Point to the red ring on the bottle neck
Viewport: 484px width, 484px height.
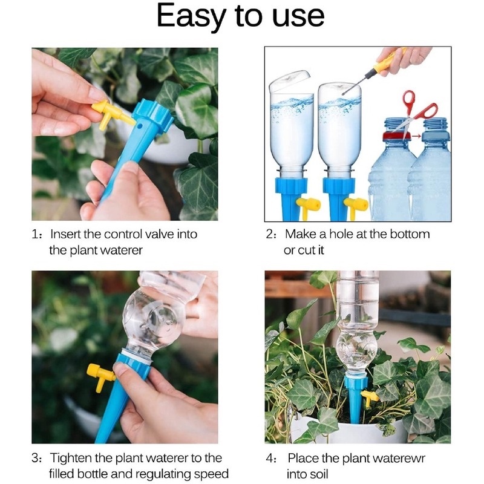(x=394, y=136)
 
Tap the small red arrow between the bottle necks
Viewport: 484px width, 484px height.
(x=416, y=137)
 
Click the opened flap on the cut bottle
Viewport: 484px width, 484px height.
(x=289, y=80)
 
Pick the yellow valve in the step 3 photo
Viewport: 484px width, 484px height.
(x=100, y=375)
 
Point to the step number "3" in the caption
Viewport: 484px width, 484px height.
(x=36, y=458)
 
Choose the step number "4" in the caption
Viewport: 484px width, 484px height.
(x=270, y=458)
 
